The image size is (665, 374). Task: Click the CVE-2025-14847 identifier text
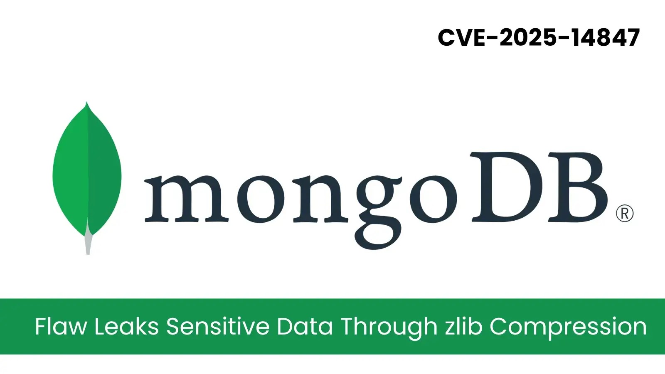(x=539, y=37)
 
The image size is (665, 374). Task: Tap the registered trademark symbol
(x=624, y=214)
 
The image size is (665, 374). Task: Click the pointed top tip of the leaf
(x=86, y=104)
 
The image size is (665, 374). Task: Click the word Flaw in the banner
(x=61, y=326)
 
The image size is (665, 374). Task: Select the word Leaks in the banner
(x=126, y=326)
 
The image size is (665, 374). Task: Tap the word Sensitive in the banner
(x=218, y=326)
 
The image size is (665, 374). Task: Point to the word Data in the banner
(x=305, y=326)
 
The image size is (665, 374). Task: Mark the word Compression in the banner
(x=568, y=327)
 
